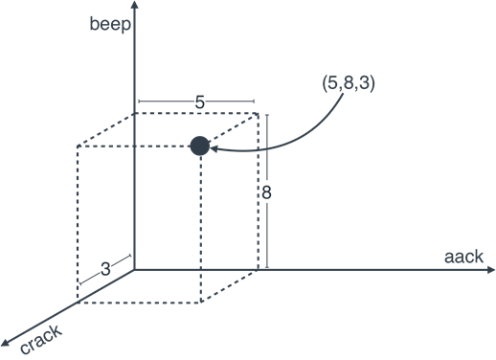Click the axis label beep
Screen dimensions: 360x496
coord(110,25)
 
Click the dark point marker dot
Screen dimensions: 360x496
coord(199,146)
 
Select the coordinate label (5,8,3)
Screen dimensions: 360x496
coord(349,84)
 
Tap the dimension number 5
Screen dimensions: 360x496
coord(199,102)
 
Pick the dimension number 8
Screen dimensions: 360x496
coord(267,192)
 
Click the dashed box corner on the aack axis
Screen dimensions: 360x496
coord(259,271)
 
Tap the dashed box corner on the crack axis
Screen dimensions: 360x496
coord(77,303)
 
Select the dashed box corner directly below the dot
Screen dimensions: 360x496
coord(199,303)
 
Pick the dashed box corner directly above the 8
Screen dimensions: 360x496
coord(259,113)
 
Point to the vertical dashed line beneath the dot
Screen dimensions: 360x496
coord(199,230)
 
